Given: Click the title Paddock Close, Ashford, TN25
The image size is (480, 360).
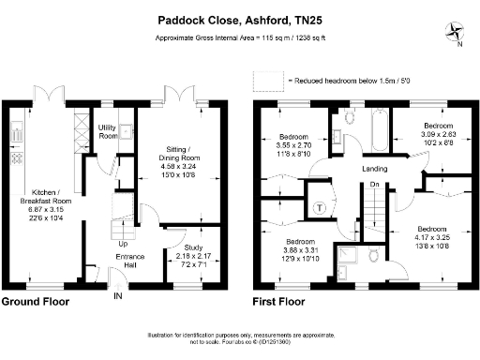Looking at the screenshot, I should coord(240,20).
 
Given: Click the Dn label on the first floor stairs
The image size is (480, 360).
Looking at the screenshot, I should coord(374,184).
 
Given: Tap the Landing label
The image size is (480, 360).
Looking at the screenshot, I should coord(376,169).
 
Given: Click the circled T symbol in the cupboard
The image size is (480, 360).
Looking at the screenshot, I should coord(320,207).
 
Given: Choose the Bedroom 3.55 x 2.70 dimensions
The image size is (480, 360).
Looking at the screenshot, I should coord(300,145).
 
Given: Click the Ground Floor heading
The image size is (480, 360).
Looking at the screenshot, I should coord(37,303).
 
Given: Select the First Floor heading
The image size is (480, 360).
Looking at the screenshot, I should coord(282,303).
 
